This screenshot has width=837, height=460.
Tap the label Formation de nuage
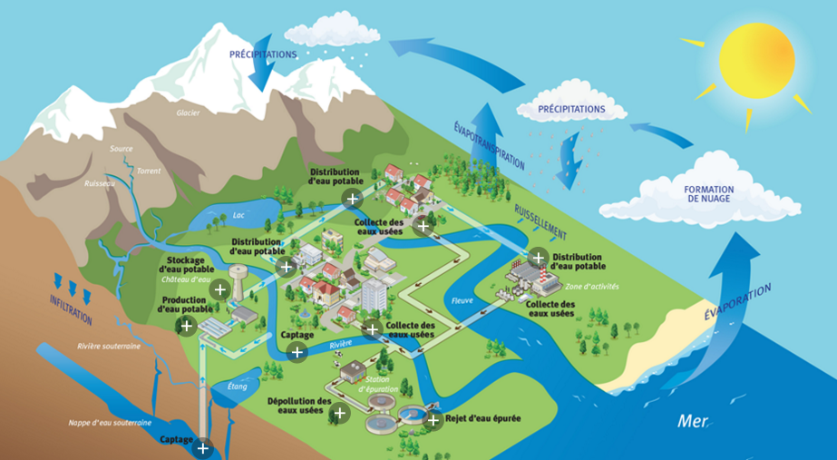708,194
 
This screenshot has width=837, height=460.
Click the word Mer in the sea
692,421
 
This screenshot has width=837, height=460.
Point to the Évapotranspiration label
489,145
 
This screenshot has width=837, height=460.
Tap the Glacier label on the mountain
188,113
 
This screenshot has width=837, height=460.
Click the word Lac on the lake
214,217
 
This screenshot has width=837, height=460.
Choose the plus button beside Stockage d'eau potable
219,290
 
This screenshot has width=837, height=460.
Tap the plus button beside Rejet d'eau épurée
433,420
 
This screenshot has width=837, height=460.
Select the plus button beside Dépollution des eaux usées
340,414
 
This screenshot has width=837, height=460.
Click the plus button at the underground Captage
202,447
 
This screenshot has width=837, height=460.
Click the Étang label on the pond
236,387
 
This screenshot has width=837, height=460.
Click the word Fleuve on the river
462,300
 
